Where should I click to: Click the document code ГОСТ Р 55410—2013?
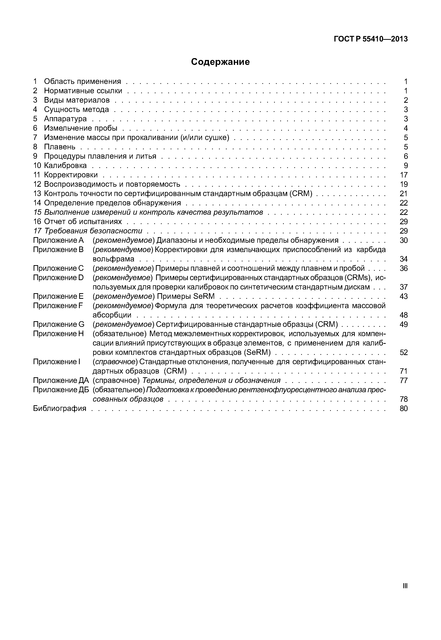pos(371,39)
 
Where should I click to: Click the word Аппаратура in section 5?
pos(65,119)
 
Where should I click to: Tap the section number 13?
pos(37,194)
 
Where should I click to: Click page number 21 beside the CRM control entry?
pos(404,194)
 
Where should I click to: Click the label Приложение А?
pos(58,240)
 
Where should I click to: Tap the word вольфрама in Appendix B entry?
pos(113,259)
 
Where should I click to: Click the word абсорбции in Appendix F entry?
pos(112,315)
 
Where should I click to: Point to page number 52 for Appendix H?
pos(404,352)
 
